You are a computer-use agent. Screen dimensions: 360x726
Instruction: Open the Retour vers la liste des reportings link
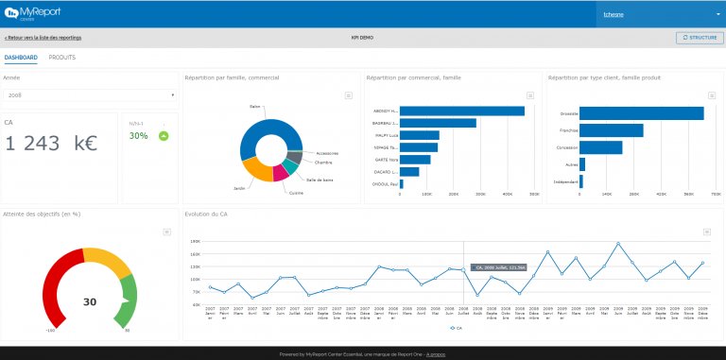tap(43, 38)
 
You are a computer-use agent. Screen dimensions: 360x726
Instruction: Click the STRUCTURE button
tap(699, 38)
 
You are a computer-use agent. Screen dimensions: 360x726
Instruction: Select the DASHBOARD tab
tap(21, 58)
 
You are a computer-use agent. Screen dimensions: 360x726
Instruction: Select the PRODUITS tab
tap(62, 58)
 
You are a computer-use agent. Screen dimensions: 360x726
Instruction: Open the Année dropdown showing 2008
tap(90, 95)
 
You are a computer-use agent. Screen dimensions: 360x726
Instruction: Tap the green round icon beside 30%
tap(164, 136)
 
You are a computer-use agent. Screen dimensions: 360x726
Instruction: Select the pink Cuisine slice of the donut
tap(280, 174)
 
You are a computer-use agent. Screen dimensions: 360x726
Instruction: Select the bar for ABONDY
tap(461, 111)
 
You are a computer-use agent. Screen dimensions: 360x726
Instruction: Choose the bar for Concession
tap(600, 147)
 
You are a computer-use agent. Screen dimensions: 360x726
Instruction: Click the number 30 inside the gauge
tap(90, 302)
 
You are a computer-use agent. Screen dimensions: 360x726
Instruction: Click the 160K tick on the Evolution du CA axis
tap(195, 241)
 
